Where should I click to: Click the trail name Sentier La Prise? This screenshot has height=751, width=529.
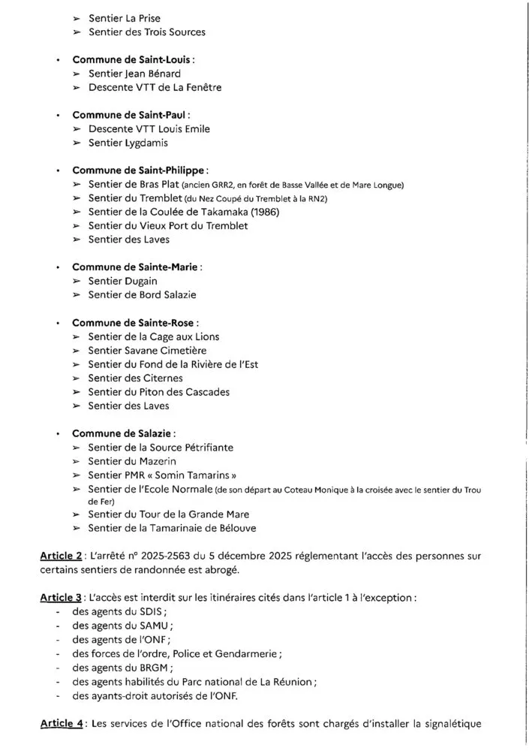coord(124,17)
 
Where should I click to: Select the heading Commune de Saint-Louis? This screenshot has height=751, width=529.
coord(124,59)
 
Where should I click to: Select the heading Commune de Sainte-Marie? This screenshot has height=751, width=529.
coord(128,267)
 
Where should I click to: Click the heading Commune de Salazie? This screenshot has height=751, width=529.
coord(122,433)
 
